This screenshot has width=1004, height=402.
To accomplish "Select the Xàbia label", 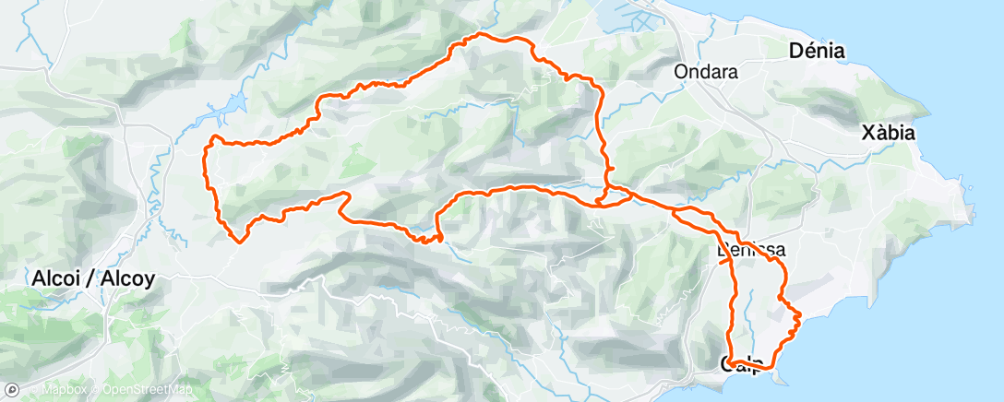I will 887,134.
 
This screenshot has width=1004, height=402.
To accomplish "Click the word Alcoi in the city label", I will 55,278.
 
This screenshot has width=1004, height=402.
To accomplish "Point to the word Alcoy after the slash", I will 127,278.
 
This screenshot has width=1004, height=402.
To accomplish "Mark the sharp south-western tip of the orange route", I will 238,242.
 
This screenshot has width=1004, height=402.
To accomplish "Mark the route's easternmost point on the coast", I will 799,318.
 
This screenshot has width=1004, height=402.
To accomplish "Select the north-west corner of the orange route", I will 213,139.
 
